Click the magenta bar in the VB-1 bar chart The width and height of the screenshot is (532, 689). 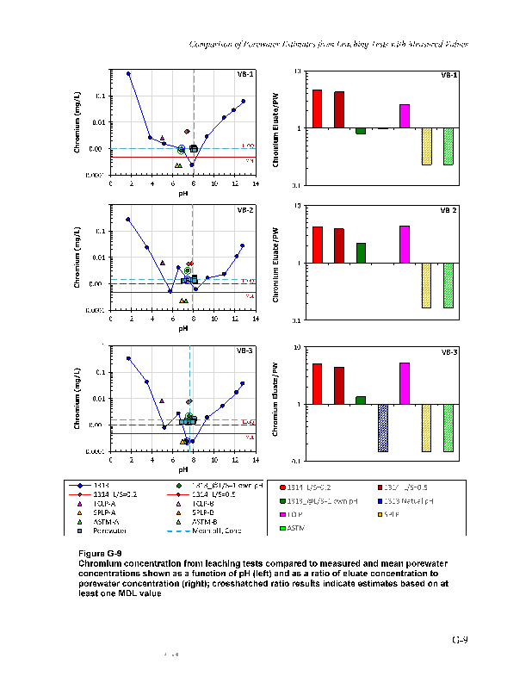pyautogui.click(x=405, y=116)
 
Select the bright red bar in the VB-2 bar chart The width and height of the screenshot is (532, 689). pyautogui.click(x=317, y=245)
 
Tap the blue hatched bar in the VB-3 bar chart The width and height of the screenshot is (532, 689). pyautogui.click(x=383, y=427)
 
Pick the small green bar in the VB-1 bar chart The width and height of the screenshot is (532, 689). pyautogui.click(x=361, y=131)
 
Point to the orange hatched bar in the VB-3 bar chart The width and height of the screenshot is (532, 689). pyautogui.click(x=426, y=427)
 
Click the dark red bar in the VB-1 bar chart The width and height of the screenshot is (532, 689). pyautogui.click(x=339, y=109)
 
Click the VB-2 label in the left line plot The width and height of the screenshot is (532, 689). pyautogui.click(x=245, y=210)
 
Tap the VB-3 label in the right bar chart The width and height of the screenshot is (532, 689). pyautogui.click(x=449, y=352)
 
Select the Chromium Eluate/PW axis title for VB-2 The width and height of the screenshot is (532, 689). pyautogui.click(x=276, y=263)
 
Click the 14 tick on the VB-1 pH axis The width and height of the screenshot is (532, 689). pyautogui.click(x=256, y=183)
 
